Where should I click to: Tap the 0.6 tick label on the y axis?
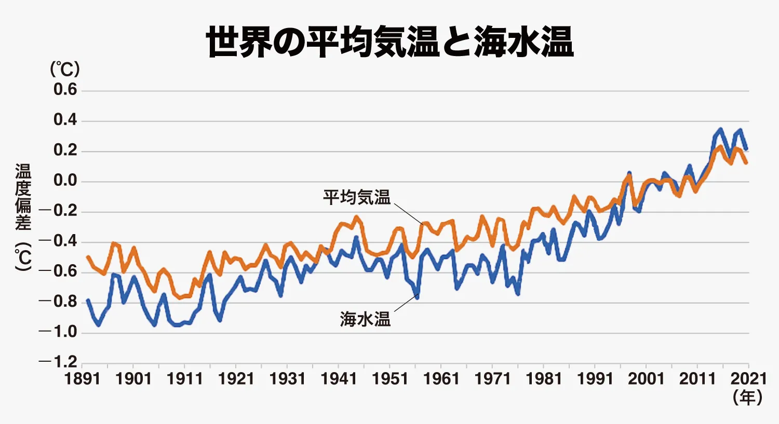pyautogui.click(x=65, y=89)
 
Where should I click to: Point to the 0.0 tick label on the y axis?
pyautogui.click(x=65, y=181)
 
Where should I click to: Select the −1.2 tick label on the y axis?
pyautogui.click(x=58, y=362)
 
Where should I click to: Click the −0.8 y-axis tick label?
pyautogui.click(x=58, y=302)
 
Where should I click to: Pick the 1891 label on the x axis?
pyautogui.click(x=83, y=379)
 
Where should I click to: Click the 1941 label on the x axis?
pyautogui.click(x=339, y=379)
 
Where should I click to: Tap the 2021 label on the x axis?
pyautogui.click(x=749, y=379)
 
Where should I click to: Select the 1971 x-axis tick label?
pyautogui.click(x=493, y=379)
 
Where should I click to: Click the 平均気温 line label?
pyautogui.click(x=357, y=197)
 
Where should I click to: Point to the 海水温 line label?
pyautogui.click(x=365, y=319)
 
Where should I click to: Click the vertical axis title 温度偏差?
pyautogui.click(x=23, y=197)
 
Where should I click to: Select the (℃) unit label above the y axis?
pyautogui.click(x=65, y=69)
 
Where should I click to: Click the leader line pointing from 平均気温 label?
pyautogui.click(x=408, y=213)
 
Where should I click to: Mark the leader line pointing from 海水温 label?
pyautogui.click(x=406, y=303)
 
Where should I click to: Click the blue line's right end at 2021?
pyautogui.click(x=746, y=149)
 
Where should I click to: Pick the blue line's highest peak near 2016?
pyautogui.click(x=720, y=129)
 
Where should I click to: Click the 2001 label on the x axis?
pyautogui.click(x=647, y=379)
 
